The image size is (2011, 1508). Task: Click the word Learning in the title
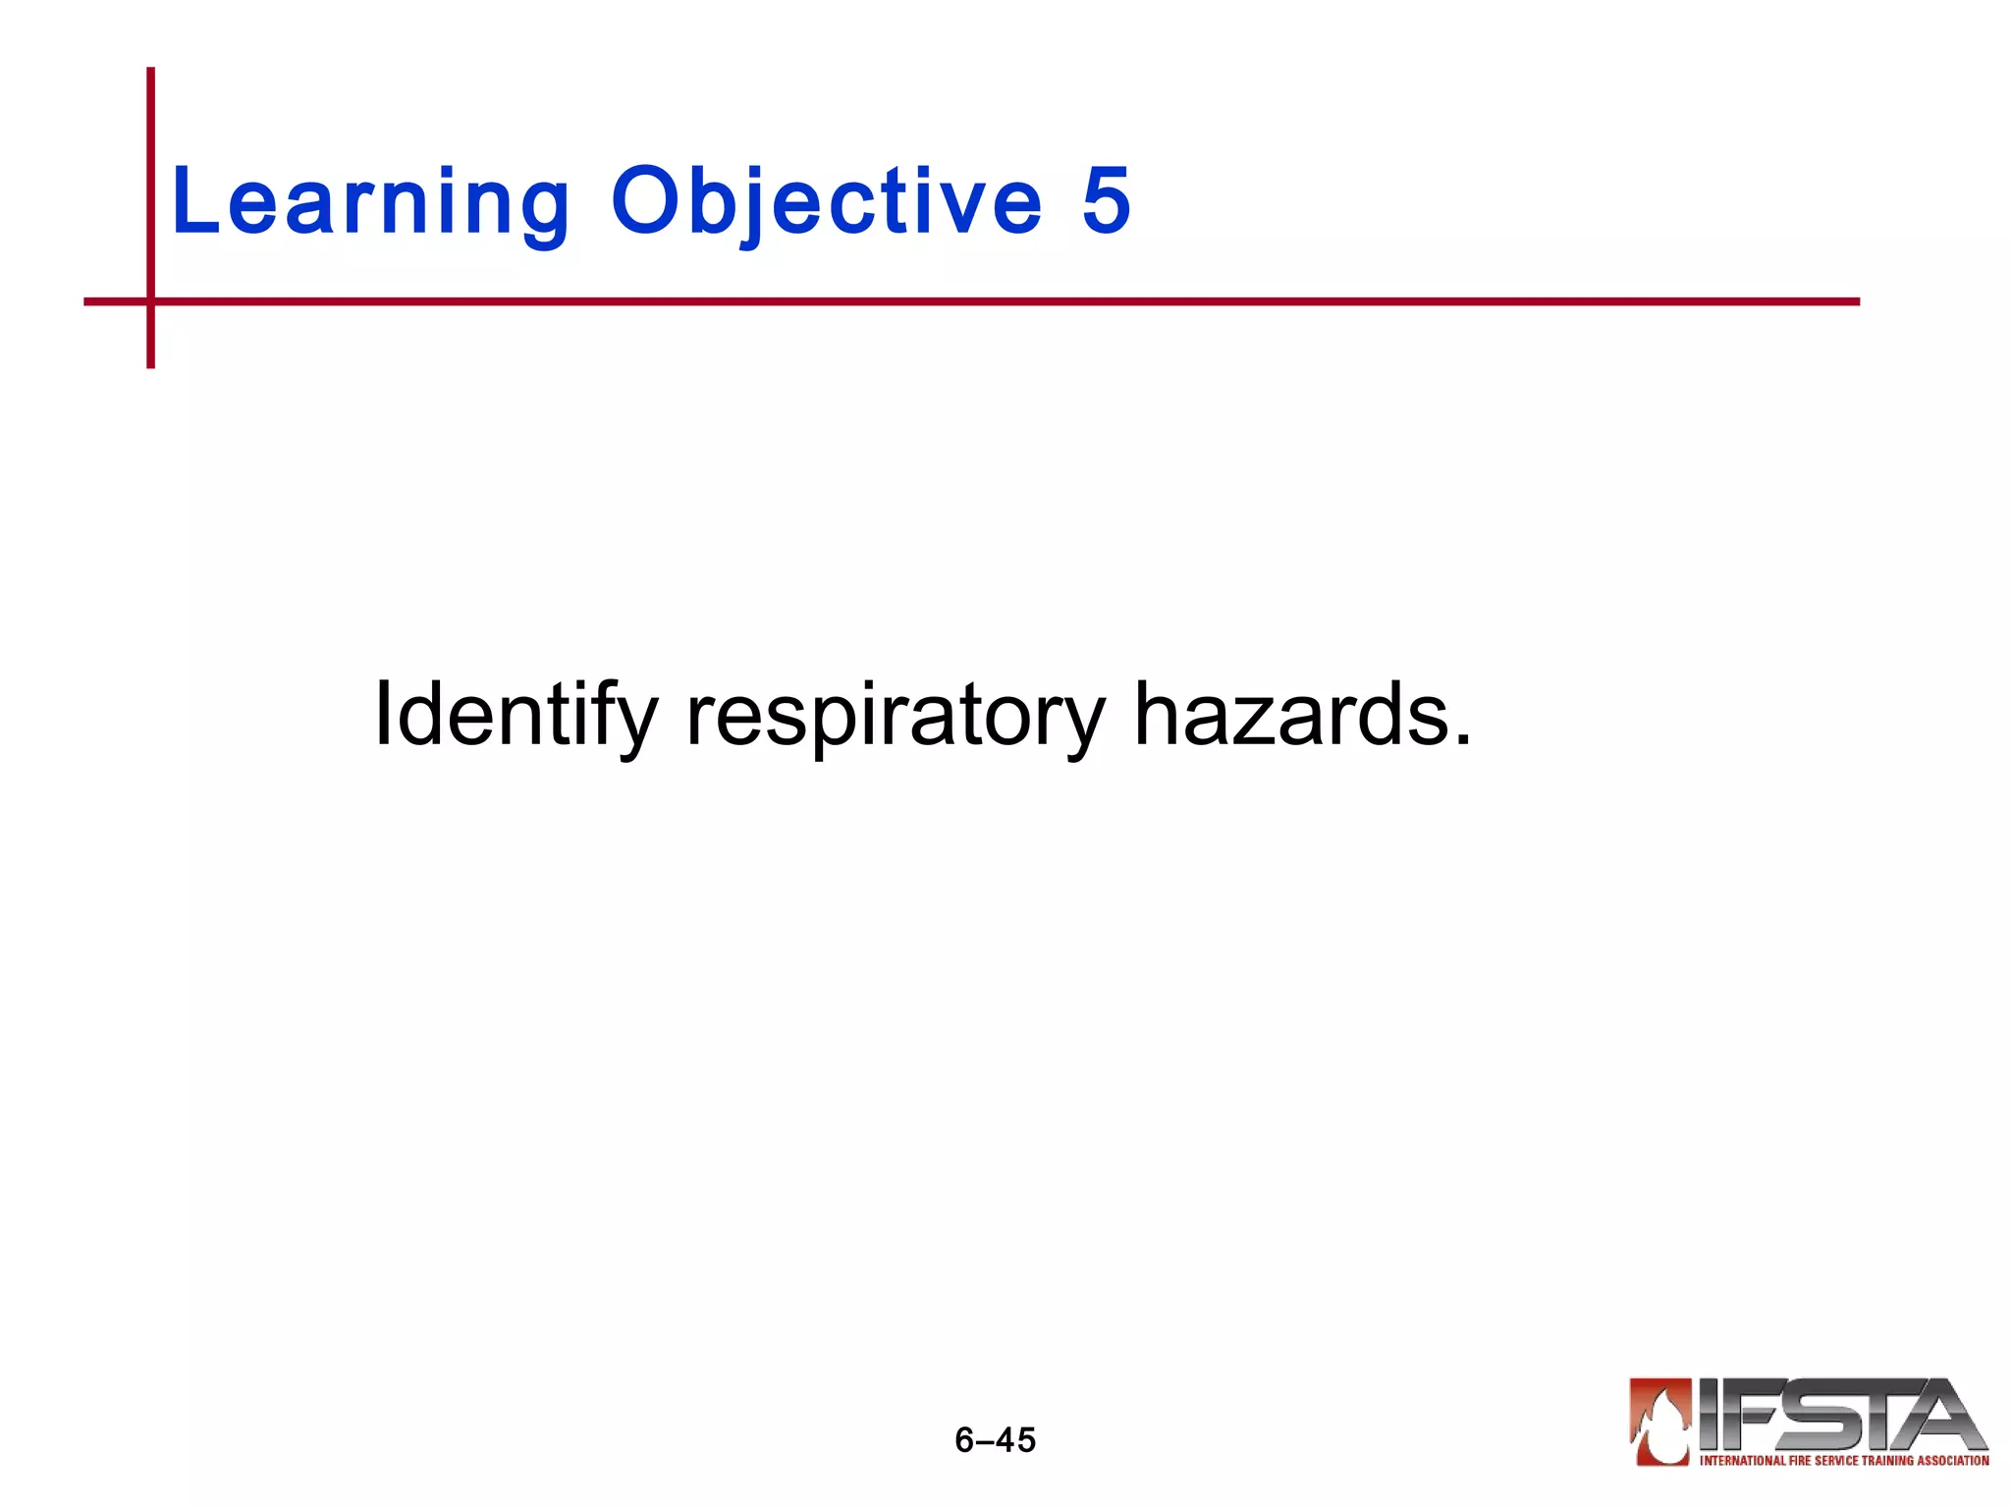click(369, 201)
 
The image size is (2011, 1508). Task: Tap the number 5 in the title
click(1106, 201)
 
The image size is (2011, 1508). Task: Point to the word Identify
click(515, 715)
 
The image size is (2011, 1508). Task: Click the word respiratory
click(895, 715)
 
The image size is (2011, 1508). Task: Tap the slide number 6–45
click(995, 1439)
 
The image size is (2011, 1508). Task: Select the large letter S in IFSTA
click(1817, 1414)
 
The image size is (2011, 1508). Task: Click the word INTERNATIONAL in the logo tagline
click(1742, 1461)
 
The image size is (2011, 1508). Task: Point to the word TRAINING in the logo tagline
click(1886, 1461)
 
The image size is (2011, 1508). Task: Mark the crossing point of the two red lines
click(150, 301)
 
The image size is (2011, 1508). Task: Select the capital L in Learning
click(192, 201)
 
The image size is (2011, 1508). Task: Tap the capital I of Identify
click(383, 715)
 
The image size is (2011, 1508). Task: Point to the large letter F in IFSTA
click(1753, 1414)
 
